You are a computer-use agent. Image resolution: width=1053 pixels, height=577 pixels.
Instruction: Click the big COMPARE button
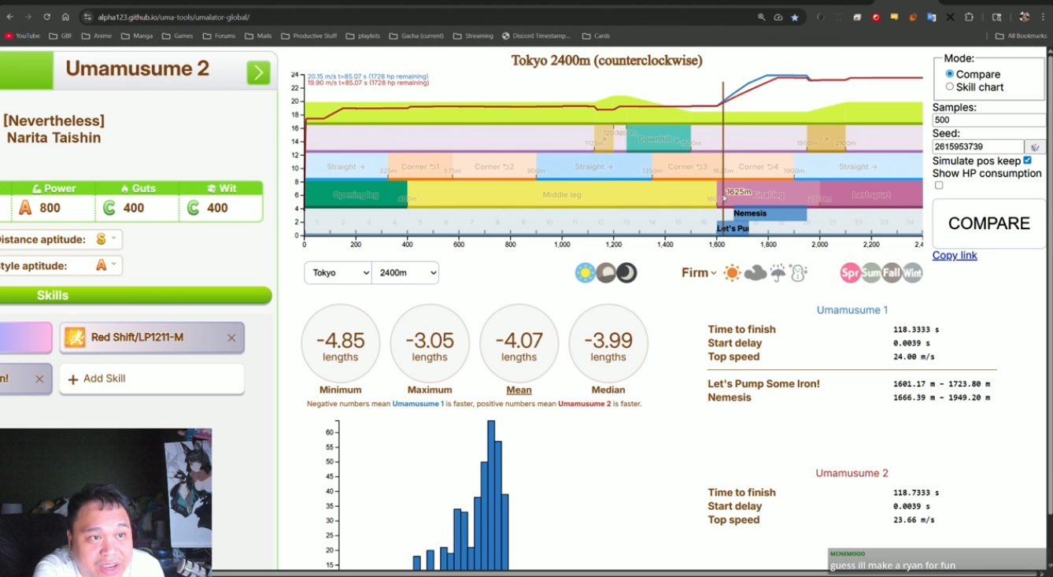(988, 224)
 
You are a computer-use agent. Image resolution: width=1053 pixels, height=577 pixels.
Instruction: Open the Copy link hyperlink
(955, 255)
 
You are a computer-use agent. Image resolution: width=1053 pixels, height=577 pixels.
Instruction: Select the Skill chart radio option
(950, 87)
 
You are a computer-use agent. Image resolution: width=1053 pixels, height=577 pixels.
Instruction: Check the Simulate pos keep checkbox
(1027, 161)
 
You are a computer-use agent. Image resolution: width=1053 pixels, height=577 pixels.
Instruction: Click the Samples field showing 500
(988, 120)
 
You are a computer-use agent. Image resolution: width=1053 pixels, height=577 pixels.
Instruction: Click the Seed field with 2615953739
(977, 147)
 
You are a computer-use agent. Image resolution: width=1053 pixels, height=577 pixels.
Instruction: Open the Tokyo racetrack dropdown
(338, 272)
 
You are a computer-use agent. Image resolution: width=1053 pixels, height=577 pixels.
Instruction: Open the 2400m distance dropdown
(405, 272)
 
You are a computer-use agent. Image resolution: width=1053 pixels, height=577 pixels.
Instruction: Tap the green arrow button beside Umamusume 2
(258, 72)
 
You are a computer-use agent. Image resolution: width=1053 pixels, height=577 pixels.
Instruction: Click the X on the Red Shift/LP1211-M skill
(231, 338)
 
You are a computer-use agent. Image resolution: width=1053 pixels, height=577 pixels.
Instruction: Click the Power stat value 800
(50, 208)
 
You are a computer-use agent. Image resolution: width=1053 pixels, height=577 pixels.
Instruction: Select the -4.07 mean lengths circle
(519, 343)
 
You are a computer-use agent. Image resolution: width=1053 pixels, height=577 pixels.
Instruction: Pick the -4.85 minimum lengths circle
(340, 343)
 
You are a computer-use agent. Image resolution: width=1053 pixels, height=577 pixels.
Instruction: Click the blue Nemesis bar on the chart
(769, 213)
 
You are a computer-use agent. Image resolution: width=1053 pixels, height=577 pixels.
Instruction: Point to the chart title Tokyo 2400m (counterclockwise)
(606, 61)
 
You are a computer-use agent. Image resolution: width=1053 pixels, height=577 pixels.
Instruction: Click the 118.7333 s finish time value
(916, 493)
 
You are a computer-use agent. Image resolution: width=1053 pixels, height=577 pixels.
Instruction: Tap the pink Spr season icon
(850, 273)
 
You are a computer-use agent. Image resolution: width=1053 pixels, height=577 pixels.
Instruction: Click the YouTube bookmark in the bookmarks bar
(22, 35)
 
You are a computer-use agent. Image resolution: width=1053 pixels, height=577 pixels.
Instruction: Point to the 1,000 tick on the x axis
(562, 245)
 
